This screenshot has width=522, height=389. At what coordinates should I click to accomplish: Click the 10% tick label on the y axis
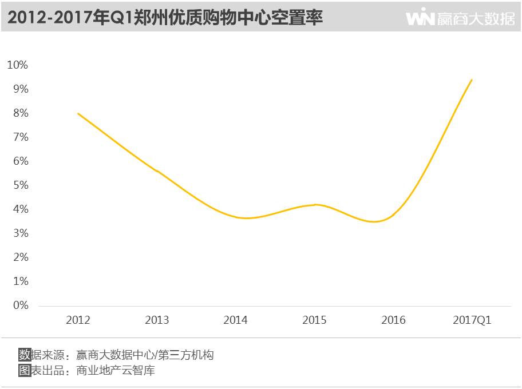17,65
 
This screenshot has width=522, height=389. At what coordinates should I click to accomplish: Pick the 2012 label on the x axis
78,320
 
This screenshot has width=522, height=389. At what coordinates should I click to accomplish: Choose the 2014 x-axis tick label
236,320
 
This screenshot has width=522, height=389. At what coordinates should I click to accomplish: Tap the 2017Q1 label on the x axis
472,320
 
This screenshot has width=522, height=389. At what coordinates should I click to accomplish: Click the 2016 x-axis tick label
393,320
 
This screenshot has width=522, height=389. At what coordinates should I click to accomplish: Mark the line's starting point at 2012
78,113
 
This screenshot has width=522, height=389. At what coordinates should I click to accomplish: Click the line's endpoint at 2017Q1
472,80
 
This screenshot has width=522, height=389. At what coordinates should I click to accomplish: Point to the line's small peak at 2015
315,204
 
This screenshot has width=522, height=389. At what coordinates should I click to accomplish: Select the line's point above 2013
157,170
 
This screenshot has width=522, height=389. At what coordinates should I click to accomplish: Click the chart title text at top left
165,18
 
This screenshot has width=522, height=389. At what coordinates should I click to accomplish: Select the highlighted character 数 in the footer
25,355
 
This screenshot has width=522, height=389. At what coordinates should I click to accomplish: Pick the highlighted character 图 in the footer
25,370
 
